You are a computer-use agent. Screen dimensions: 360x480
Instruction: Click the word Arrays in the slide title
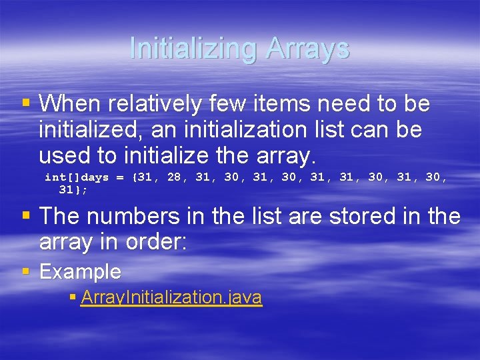[x=307, y=49]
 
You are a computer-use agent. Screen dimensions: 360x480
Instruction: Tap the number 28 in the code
[x=174, y=177]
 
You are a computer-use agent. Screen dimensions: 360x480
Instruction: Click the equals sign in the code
[x=120, y=178]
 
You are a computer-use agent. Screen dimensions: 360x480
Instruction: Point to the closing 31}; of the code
[x=73, y=190]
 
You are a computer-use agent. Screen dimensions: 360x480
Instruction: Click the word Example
[x=80, y=272]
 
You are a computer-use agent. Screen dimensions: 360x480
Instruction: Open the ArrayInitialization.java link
[x=171, y=297]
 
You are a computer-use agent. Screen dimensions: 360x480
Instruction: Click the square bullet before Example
[x=26, y=271]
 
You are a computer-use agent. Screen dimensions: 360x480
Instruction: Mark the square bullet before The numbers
[x=26, y=216]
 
